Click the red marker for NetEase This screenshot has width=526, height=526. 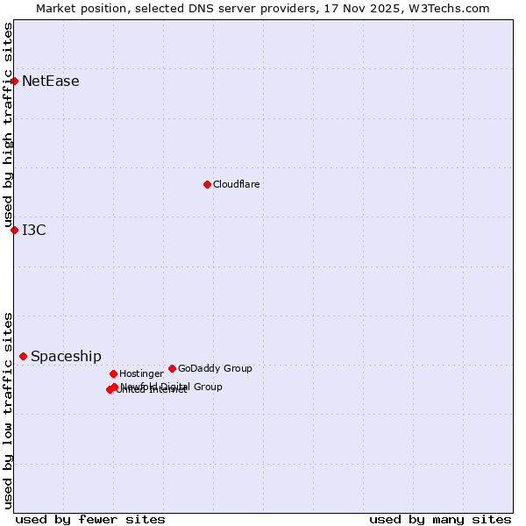14,81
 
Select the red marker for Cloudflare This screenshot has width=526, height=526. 207,184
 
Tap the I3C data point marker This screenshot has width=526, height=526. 14,230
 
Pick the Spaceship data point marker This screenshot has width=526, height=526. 23,356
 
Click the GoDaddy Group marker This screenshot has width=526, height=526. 172,368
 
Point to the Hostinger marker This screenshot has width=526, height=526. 113,373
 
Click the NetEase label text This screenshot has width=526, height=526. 51,82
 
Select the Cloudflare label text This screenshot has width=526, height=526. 237,185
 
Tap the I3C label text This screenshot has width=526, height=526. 34,231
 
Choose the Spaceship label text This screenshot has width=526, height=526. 66,357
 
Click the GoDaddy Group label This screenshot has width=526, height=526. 215,369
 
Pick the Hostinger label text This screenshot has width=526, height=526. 141,374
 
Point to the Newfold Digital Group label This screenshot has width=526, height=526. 172,387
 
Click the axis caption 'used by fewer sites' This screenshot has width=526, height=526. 90,519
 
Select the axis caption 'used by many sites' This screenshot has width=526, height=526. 440,519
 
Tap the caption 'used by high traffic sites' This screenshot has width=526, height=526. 9,124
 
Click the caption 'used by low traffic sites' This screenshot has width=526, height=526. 9,410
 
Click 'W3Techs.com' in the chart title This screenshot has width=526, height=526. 452,8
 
